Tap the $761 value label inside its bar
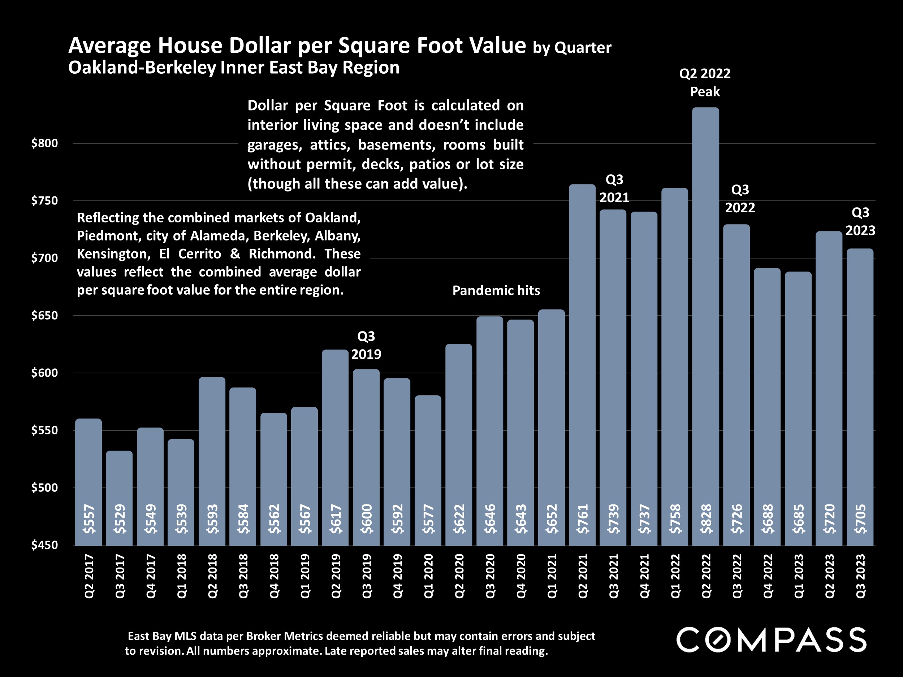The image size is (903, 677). [x=583, y=519]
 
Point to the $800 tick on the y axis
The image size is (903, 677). [x=44, y=143]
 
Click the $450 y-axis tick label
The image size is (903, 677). [x=44, y=545]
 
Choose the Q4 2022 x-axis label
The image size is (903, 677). [x=768, y=576]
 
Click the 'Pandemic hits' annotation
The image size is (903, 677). [x=496, y=291]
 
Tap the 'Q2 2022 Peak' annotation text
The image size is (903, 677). [x=705, y=82]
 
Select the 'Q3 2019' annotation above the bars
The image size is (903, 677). [x=366, y=345]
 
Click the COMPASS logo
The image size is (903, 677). [x=771, y=639]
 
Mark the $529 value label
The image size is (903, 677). [x=120, y=519]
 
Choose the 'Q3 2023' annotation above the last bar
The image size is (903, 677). [x=860, y=222]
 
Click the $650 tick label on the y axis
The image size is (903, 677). [x=44, y=316]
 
